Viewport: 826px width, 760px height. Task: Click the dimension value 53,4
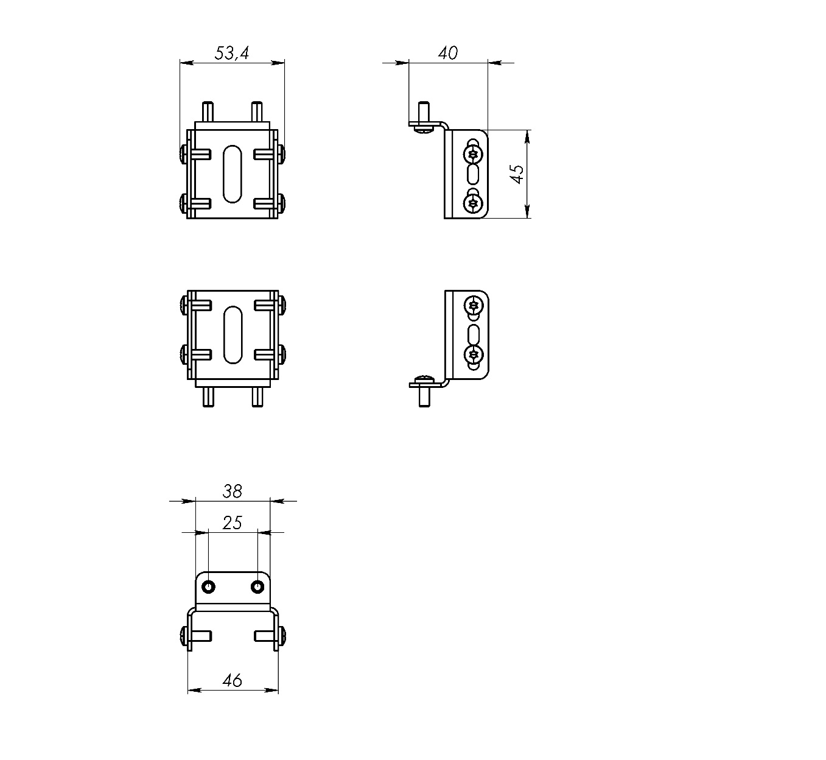232,53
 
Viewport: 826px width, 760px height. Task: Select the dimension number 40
448,53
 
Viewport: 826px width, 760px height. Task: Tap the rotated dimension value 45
517,174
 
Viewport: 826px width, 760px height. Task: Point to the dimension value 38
233,491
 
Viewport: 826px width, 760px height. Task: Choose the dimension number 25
233,522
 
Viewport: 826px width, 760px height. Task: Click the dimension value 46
233,680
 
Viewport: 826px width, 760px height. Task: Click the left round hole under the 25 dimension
209,586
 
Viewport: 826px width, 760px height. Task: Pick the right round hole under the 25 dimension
257,586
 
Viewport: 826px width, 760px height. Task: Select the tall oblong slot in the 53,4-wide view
233,174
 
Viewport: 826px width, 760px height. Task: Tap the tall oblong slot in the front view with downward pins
233,335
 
